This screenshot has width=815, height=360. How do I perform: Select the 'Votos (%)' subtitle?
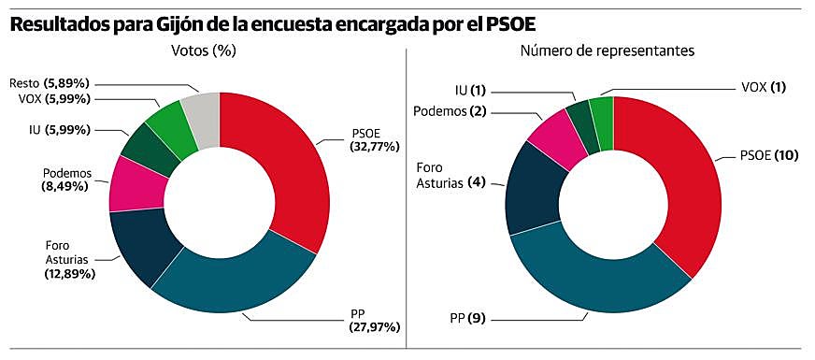pos(203,51)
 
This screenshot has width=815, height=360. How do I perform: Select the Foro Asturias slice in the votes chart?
pos(140,244)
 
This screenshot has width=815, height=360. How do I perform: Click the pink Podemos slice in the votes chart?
pos(127,183)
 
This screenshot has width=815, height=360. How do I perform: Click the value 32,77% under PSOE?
pos(374,147)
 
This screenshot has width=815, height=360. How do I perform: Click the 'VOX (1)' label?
pos(763,87)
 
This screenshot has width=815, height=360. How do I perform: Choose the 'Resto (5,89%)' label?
pos(51,83)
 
